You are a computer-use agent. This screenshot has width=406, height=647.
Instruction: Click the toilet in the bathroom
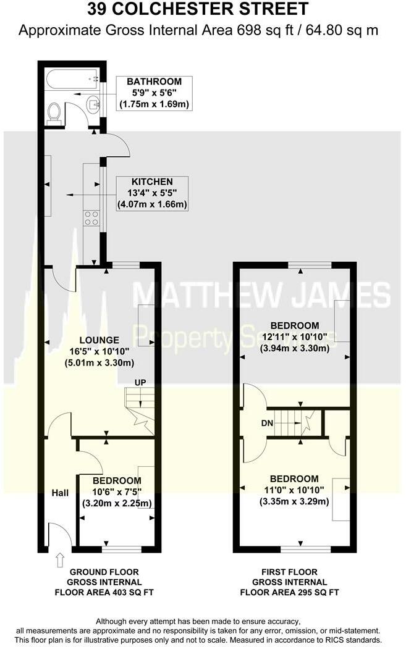(x=54, y=112)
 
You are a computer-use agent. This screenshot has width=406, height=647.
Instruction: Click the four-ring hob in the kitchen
(x=91, y=218)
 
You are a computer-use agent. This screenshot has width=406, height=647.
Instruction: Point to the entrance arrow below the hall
(x=61, y=561)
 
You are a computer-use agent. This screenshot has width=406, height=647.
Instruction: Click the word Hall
(x=61, y=493)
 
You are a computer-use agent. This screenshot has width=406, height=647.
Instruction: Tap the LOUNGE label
(x=99, y=340)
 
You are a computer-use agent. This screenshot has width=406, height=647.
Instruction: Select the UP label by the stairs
(x=140, y=382)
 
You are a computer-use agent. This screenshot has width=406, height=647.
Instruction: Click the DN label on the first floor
(x=267, y=423)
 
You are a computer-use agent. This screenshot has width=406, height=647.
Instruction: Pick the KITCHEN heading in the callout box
(x=152, y=182)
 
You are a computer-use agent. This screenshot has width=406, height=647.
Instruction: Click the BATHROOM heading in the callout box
(x=154, y=81)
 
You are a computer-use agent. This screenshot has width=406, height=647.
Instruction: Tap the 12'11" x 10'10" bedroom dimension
(x=295, y=336)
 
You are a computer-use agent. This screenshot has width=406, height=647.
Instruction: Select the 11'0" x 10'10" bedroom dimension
(x=294, y=490)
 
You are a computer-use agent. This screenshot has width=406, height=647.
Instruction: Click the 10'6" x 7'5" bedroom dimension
(x=117, y=492)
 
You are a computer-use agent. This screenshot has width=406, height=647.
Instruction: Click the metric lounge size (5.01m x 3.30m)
(x=99, y=363)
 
